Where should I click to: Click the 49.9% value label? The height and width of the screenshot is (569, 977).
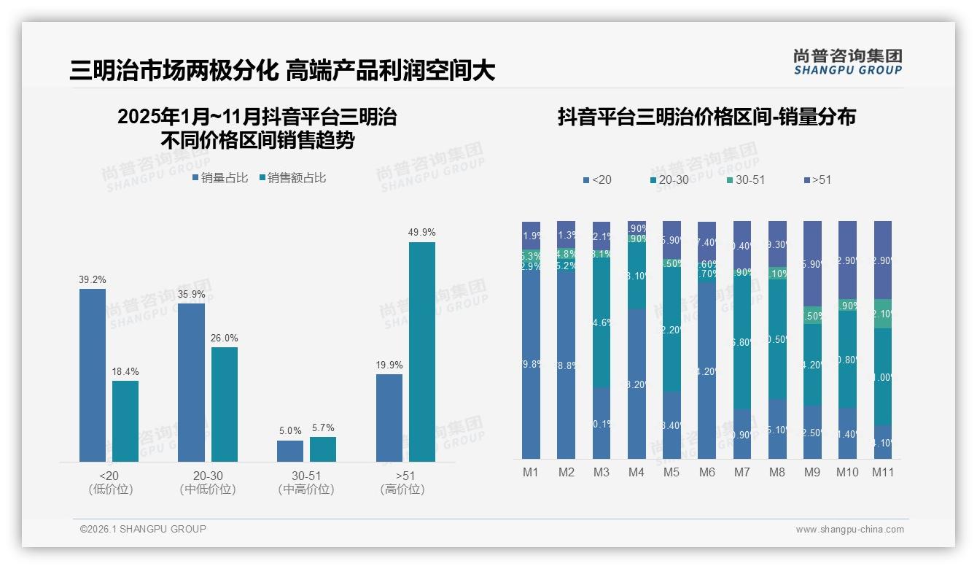pos(421,233)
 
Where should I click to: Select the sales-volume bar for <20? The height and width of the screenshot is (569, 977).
pos(93,375)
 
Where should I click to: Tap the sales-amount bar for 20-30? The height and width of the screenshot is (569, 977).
pos(225,404)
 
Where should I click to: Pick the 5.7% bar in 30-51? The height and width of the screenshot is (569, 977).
pos(323,449)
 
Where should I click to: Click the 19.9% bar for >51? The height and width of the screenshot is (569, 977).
pos(389,418)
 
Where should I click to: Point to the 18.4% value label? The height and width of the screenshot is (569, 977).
pos(125,371)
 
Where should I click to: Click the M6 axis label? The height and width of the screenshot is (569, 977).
pos(707,473)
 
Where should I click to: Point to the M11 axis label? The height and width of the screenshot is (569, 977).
pos(883,473)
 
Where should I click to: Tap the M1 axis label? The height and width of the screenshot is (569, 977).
pos(531,473)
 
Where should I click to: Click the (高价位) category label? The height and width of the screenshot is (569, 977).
pos(402,489)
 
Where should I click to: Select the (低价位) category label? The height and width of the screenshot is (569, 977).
pos(110,489)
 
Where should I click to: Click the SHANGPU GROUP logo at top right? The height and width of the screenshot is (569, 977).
pos(847,62)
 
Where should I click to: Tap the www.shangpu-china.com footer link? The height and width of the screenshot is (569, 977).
pos(849,530)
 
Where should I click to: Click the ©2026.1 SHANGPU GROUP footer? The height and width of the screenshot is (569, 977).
pos(143,529)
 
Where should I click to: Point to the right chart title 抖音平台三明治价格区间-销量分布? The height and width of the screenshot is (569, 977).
pos(707,117)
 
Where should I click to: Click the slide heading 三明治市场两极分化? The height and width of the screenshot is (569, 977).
pos(174,71)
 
